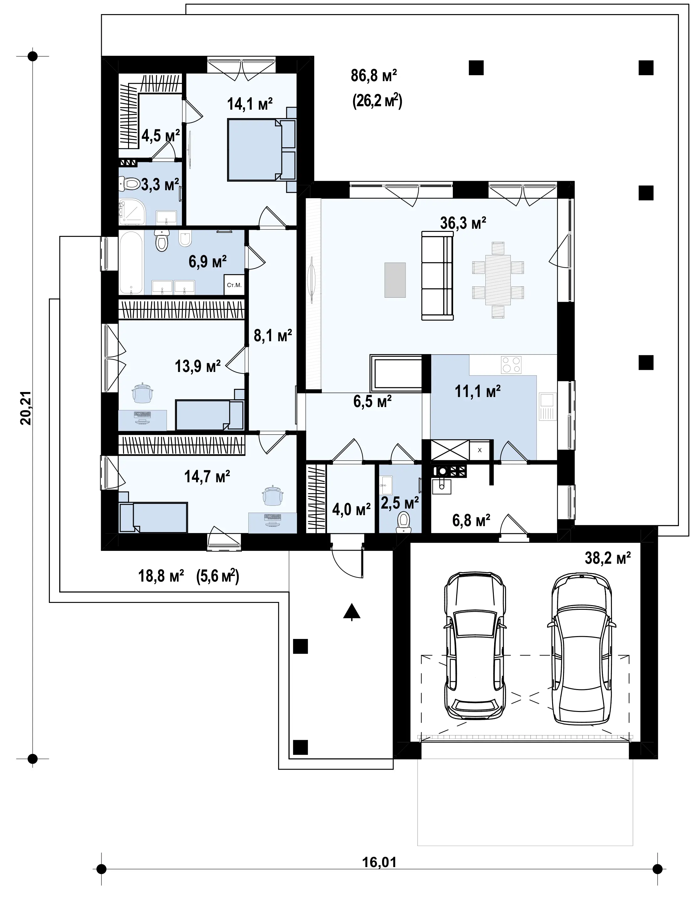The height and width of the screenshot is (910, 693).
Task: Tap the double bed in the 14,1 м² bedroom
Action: pyautogui.click(x=261, y=150)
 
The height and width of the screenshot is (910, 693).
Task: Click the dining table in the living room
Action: pyautogui.click(x=498, y=280)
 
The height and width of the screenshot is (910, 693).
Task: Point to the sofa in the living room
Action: pyautogui.click(x=437, y=275)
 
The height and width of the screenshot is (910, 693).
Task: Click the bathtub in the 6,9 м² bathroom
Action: pyautogui.click(x=131, y=263)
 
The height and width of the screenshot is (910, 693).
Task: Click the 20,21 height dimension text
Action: pyautogui.click(x=26, y=408)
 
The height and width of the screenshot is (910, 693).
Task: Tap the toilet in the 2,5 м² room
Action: pyautogui.click(x=403, y=522)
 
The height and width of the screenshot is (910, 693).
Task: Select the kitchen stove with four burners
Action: pyautogui.click(x=511, y=365)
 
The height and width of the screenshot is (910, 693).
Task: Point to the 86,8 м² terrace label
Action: pyautogui.click(x=374, y=76)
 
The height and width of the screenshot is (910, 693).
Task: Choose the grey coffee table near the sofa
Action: pyautogui.click(x=395, y=280)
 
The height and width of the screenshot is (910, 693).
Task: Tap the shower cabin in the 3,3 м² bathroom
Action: pyautogui.click(x=132, y=212)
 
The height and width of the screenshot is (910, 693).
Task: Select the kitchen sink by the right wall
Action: pyautogui.click(x=547, y=406)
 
